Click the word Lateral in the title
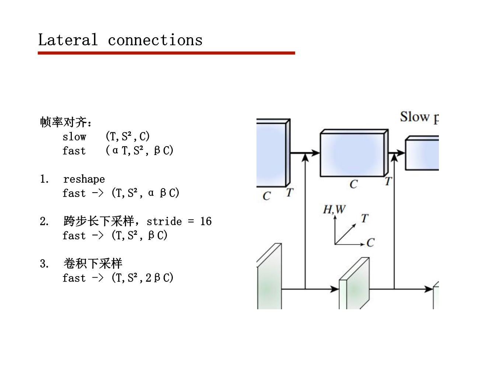click(x=68, y=40)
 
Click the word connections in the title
click(x=155, y=40)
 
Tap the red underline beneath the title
click(x=166, y=53)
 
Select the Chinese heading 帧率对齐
click(x=63, y=122)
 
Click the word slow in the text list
click(x=74, y=137)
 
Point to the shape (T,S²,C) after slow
click(x=128, y=137)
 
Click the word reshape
click(x=84, y=179)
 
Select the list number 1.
click(x=44, y=179)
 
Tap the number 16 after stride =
click(x=206, y=221)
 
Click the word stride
click(x=164, y=221)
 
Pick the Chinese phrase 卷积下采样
click(x=92, y=263)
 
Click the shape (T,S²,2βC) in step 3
click(x=142, y=278)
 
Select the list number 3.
click(x=44, y=264)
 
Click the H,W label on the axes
click(x=334, y=209)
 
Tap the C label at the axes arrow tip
click(x=370, y=242)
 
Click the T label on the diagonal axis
click(x=364, y=218)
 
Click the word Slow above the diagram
click(x=415, y=117)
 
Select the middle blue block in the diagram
click(x=353, y=155)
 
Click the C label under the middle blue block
click(x=353, y=184)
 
